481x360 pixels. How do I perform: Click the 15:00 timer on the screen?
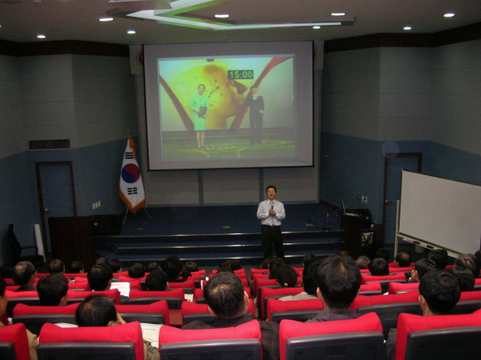pyautogui.click(x=240, y=75)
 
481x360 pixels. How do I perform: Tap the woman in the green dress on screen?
pyautogui.click(x=200, y=116)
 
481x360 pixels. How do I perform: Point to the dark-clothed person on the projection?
pyautogui.click(x=255, y=116)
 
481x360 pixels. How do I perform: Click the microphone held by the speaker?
pyautogui.click(x=272, y=210)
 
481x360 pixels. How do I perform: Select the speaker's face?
pyautogui.click(x=271, y=193)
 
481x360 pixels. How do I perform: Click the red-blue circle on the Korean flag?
pyautogui.click(x=131, y=174)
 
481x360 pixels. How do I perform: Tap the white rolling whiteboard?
pyautogui.click(x=439, y=211)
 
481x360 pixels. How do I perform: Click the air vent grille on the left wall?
pyautogui.click(x=50, y=144)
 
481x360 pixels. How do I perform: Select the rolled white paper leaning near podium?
pyautogui.click(x=39, y=242)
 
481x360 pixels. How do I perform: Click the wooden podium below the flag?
pyautogui.click(x=71, y=238)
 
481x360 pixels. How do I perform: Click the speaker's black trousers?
pyautogui.click(x=272, y=242)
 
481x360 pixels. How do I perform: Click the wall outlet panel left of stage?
pyautogui.click(x=97, y=205)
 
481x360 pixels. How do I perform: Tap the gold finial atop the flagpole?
pyautogui.click(x=128, y=133)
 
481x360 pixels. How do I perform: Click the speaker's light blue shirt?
pyautogui.click(x=271, y=213)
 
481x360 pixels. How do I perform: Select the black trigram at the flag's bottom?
pyautogui.click(x=133, y=191)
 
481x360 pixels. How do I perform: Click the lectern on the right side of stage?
pyautogui.click(x=353, y=232)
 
